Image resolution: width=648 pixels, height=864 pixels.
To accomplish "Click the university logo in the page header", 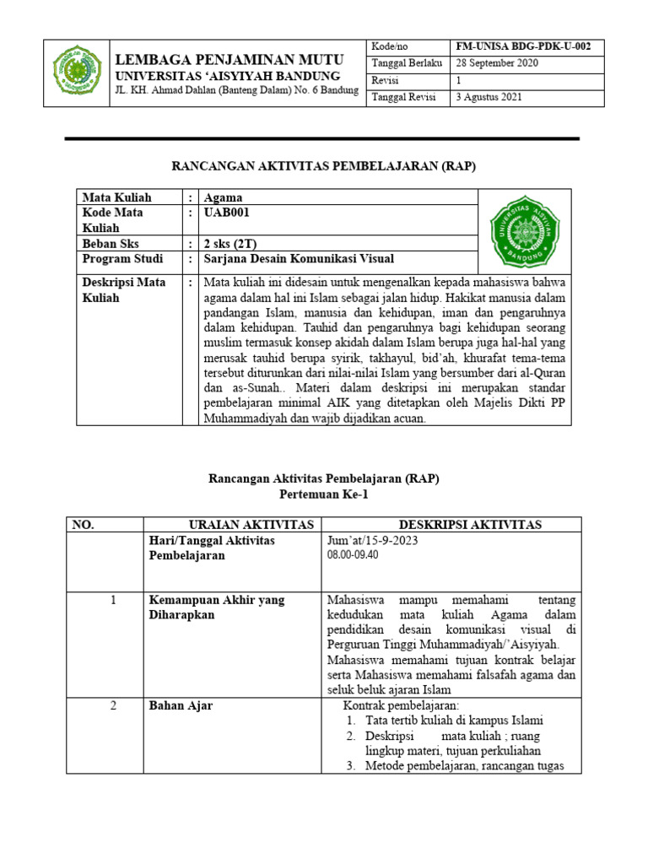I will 78,72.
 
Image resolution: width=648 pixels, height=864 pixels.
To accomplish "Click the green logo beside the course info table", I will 524,222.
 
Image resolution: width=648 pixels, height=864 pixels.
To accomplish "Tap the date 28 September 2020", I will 498,64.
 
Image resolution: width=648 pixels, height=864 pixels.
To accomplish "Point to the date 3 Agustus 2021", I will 489,97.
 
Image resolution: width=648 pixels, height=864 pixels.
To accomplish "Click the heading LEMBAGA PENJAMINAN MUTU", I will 229,59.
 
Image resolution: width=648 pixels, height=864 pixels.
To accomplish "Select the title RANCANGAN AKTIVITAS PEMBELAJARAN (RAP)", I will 324,166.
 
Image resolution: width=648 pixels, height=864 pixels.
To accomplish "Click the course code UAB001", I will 226,213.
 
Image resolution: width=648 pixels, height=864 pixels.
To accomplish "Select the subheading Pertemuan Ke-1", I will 324,494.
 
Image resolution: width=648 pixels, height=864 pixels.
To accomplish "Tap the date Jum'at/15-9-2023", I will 372,540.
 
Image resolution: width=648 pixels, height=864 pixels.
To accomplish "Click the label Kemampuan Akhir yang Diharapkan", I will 217,607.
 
